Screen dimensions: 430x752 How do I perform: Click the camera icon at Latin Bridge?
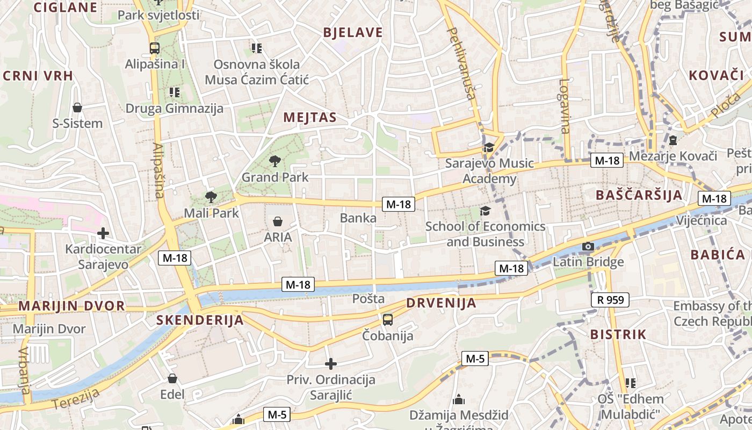[588, 247]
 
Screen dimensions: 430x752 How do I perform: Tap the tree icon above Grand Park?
[275, 161]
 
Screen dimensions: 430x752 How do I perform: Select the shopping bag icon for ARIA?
[278, 221]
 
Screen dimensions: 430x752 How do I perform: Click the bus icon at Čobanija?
[388, 320]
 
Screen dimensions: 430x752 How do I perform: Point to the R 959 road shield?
[610, 300]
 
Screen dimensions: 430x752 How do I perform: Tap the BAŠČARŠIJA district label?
[639, 195]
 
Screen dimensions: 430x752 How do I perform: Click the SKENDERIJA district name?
[200, 320]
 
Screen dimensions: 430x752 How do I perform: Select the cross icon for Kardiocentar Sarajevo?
[103, 233]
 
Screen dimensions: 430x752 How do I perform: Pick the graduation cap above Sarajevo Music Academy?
[489, 147]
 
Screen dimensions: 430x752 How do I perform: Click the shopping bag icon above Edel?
[172, 378]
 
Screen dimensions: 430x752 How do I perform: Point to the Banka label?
[358, 218]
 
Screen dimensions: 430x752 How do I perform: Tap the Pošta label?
[368, 299]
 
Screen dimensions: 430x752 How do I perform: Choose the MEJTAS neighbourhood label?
[310, 118]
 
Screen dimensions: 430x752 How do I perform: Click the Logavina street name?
[564, 106]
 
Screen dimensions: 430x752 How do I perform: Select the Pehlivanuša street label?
[461, 63]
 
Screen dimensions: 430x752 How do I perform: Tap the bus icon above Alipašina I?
[155, 48]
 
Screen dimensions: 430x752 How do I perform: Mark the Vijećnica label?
[702, 220]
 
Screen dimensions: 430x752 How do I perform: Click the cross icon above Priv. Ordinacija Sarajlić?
[331, 364]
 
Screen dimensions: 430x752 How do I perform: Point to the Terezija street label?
[77, 399]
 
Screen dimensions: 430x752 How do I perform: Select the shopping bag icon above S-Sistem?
[77, 107]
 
